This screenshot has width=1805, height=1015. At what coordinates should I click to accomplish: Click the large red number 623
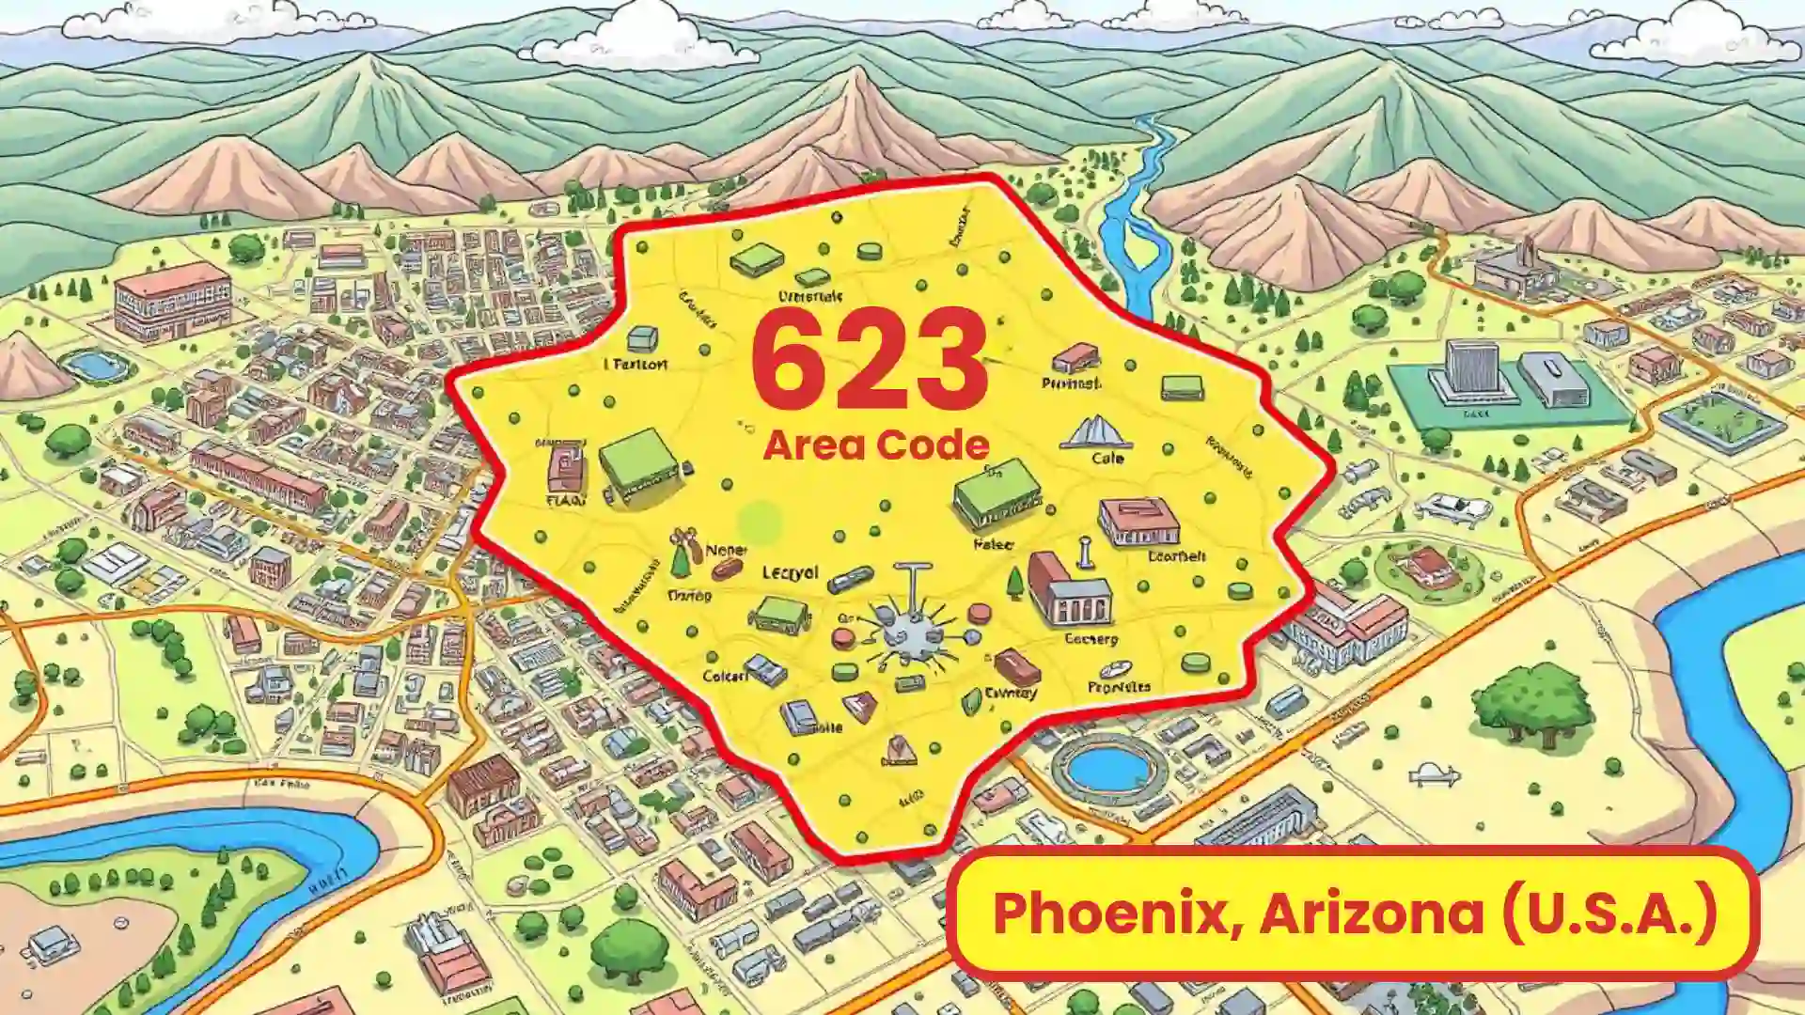(x=870, y=362)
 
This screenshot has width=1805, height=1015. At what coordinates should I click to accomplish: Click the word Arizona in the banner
(x=1372, y=913)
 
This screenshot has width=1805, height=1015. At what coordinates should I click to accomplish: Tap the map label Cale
(x=1107, y=459)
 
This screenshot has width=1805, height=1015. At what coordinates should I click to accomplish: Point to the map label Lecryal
(x=790, y=572)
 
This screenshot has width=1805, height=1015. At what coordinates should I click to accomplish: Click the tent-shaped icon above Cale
(x=1095, y=432)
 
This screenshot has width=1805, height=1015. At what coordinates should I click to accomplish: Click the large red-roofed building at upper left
(x=172, y=301)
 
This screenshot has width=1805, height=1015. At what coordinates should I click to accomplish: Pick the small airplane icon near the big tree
(x=1434, y=775)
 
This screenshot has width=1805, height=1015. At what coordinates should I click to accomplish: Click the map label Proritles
(x=1119, y=687)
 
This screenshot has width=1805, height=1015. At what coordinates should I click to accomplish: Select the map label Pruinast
(x=1071, y=383)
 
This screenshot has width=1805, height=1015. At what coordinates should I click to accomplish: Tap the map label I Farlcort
(x=636, y=364)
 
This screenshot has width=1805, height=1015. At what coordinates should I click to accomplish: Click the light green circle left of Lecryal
(x=760, y=522)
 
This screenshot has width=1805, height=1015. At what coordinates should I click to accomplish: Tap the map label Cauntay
(x=1011, y=694)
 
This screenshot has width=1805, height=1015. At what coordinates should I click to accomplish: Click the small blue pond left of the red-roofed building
(x=94, y=365)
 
